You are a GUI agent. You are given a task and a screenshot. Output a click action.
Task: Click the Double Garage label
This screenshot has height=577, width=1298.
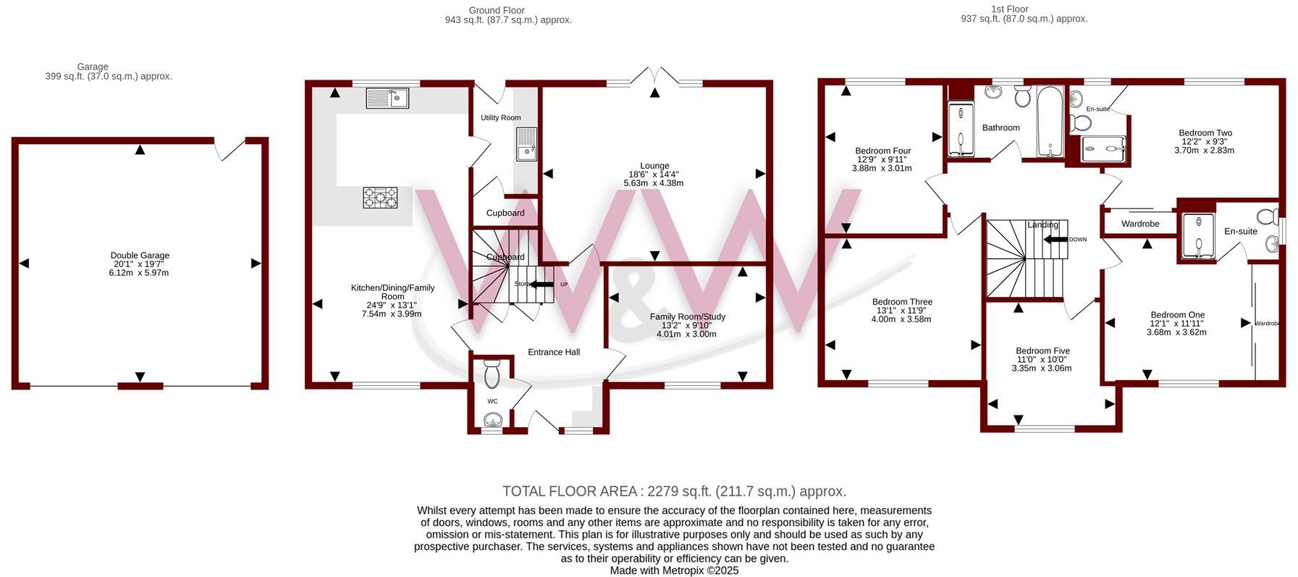(x=140, y=256)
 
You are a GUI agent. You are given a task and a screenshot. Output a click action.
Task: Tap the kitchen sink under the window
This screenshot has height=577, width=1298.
(x=387, y=98)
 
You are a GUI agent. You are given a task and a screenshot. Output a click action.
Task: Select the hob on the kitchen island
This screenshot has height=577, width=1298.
(x=380, y=197)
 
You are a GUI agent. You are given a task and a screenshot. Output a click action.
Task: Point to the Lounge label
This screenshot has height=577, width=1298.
(x=654, y=166)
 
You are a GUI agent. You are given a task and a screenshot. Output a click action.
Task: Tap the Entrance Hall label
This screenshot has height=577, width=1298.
(x=554, y=352)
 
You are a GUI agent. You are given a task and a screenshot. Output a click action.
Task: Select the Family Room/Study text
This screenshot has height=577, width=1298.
(x=687, y=316)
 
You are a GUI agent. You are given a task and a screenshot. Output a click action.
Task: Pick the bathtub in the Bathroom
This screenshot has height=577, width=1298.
(x=1048, y=121)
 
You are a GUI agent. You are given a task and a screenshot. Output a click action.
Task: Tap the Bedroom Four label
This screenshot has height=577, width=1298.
(x=882, y=151)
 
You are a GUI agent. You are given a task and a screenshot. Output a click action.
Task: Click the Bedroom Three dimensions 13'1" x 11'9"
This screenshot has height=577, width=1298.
(x=901, y=311)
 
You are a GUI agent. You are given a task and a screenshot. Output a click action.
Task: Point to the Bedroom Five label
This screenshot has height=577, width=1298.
(x=1042, y=350)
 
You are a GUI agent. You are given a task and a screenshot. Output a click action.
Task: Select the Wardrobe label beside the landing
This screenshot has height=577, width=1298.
(x=1140, y=224)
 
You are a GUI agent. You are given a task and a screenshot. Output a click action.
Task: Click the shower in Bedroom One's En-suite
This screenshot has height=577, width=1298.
(x=1196, y=235)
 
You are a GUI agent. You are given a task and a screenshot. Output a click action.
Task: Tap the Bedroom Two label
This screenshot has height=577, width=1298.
(x=1205, y=132)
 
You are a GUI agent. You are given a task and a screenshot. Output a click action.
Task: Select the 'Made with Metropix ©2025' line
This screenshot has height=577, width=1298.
(x=674, y=570)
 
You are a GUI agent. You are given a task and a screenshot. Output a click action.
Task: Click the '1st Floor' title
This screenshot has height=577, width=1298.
(x=1009, y=9)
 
